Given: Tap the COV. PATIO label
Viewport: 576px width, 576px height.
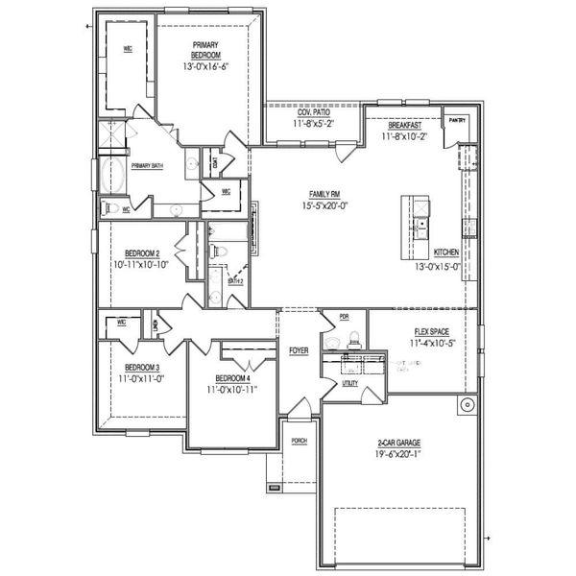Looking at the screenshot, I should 313,113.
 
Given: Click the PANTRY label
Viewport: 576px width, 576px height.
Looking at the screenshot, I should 456,120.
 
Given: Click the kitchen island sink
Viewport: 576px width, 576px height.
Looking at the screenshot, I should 420,227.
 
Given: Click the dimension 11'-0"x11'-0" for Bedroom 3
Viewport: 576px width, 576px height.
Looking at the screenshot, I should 141,379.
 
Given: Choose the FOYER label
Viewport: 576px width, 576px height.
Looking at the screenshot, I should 299,351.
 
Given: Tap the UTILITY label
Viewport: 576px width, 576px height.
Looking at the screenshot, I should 350,382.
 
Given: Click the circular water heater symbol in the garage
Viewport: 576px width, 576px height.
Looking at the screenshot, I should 467,404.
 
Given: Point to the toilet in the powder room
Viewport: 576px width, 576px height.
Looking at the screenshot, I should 353,337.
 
